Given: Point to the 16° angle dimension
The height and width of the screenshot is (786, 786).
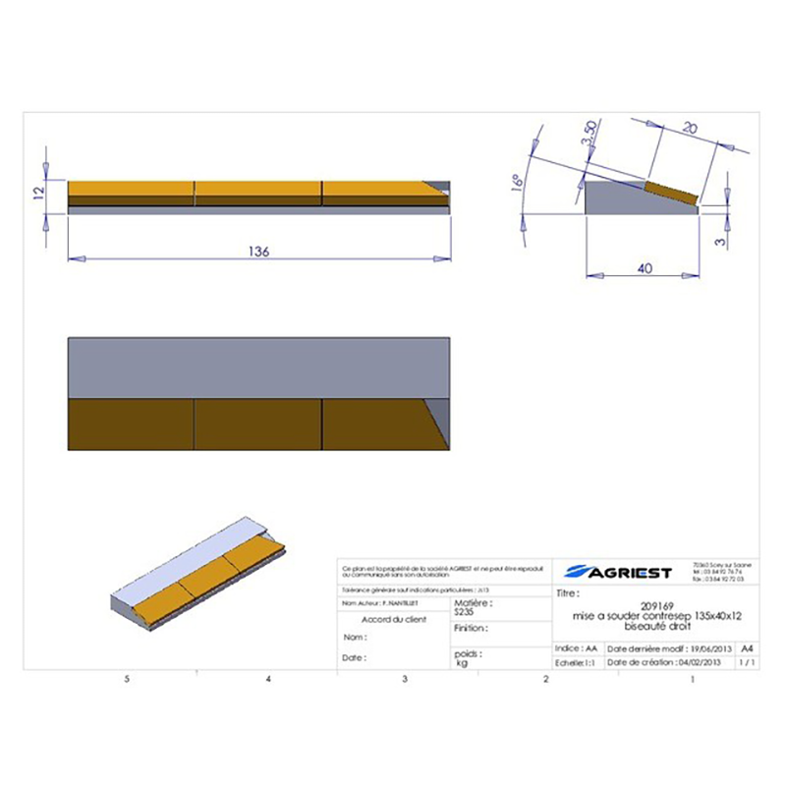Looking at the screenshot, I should (515, 185).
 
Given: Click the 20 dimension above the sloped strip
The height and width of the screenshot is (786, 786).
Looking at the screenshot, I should (687, 129).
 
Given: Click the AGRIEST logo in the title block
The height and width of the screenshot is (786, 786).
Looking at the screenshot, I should (620, 572).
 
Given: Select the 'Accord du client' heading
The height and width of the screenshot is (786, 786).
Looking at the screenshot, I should (394, 620).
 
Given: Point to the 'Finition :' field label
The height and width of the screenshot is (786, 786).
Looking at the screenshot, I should (472, 626).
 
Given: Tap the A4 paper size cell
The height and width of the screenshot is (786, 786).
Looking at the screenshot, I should (748, 649).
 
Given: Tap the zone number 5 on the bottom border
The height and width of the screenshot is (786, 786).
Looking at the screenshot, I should (127, 679).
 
